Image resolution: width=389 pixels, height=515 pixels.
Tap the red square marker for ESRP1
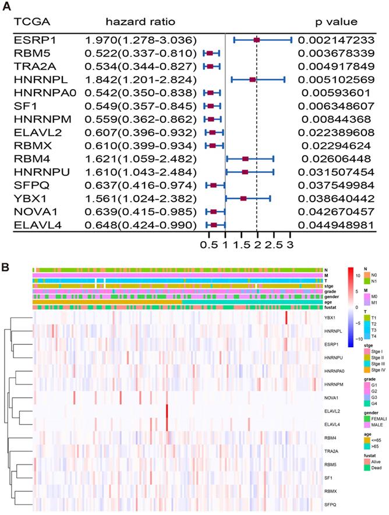coord(256,40)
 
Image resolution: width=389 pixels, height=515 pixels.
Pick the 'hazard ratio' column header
coord(139,22)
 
